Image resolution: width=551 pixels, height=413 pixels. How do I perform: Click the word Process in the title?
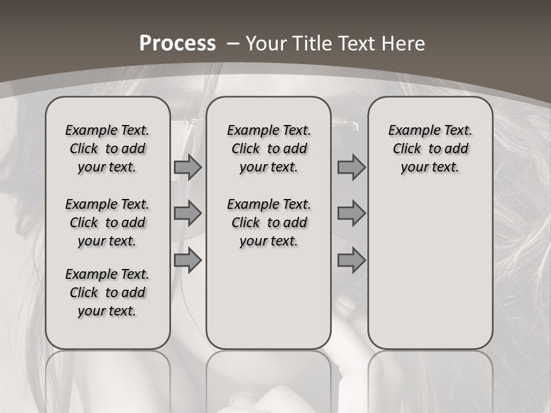point(177,43)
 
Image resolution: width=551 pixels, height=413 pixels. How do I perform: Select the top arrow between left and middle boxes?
point(188,167)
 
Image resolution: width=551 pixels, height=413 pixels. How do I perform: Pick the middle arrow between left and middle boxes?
point(188,213)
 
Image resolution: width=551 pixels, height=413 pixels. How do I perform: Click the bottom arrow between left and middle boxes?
point(188,260)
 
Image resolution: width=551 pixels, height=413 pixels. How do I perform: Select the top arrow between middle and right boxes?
point(351,167)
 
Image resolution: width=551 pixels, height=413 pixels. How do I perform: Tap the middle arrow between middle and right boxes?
point(351,213)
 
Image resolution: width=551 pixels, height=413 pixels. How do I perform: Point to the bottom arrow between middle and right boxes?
point(351,260)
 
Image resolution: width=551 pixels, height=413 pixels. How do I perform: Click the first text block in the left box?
point(107,149)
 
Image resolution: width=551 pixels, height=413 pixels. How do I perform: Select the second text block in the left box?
point(107,223)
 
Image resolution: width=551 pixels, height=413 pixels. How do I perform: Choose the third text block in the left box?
point(107,293)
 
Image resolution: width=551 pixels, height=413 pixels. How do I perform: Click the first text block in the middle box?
point(269,149)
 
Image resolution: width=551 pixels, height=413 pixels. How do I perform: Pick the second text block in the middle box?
point(269,223)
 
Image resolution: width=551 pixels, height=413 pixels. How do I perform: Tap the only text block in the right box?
point(430,149)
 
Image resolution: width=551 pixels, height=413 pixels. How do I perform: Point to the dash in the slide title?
point(233,43)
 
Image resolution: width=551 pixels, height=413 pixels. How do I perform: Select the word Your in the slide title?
point(266,43)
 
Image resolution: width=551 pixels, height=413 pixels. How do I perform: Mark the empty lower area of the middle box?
point(269,298)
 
